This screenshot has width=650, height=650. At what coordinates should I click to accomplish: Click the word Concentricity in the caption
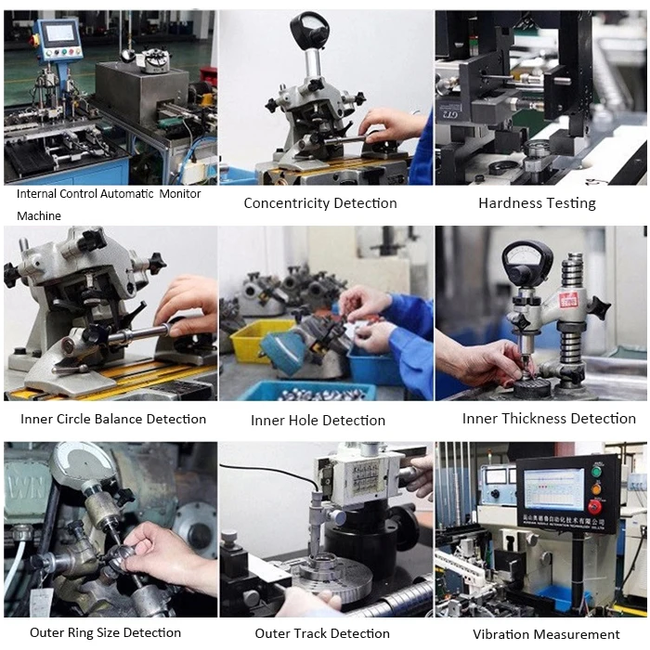(286, 203)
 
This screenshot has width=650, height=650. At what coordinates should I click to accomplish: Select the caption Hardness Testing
(537, 203)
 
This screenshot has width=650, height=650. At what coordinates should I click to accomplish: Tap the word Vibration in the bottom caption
(500, 634)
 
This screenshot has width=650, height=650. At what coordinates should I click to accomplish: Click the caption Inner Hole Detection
(318, 421)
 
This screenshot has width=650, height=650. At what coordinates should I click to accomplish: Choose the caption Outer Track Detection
(322, 633)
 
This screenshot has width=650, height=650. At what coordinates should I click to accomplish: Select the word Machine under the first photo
(39, 216)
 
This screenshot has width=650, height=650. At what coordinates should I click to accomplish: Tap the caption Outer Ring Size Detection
(105, 632)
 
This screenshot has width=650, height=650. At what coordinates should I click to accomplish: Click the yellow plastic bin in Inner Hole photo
(257, 336)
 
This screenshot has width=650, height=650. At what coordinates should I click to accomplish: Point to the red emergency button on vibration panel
(595, 507)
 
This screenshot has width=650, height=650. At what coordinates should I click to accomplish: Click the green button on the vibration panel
(596, 472)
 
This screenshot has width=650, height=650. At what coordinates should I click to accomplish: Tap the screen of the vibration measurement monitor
(553, 489)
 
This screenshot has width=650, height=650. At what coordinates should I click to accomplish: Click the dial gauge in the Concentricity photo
(309, 28)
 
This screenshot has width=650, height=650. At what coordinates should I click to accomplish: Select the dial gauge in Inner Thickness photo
(526, 261)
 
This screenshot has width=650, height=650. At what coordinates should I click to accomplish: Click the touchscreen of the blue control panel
(61, 33)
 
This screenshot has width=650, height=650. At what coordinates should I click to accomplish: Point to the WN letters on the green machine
(26, 487)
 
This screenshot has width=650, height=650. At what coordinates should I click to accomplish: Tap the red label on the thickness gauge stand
(568, 300)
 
